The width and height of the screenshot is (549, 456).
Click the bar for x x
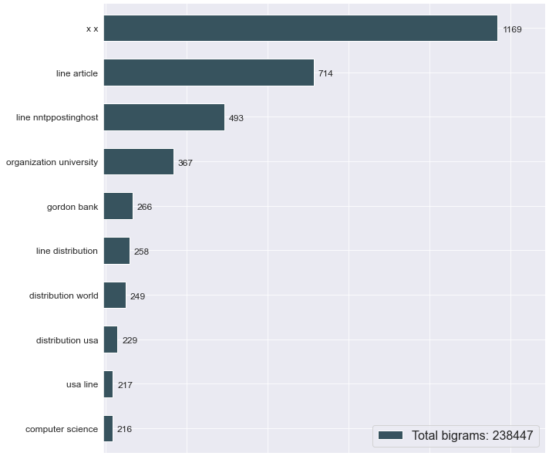(300, 29)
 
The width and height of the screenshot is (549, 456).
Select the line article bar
(208, 73)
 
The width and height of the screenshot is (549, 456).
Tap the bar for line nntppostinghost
(163, 117)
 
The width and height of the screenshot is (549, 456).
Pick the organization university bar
(138, 162)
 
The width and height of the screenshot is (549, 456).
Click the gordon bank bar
(118, 206)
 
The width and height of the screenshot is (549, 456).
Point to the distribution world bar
(114, 296)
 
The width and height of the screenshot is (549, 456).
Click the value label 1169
(513, 29)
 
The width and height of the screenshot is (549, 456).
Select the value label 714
(325, 73)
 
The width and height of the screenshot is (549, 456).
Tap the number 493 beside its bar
(236, 118)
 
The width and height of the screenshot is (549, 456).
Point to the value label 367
(185, 163)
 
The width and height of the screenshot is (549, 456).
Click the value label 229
(130, 340)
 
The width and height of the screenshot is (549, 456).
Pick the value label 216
(124, 429)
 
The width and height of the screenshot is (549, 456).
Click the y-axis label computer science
(62, 429)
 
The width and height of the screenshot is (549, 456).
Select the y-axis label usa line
(83, 384)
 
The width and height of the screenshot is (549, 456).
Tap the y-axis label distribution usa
(67, 340)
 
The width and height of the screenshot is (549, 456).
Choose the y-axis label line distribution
(67, 251)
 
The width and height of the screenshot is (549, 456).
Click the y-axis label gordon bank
(72, 207)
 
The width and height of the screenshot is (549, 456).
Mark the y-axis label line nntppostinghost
(57, 118)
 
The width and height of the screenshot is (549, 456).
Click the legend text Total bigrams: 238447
(473, 436)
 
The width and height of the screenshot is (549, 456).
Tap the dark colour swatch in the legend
(391, 436)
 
